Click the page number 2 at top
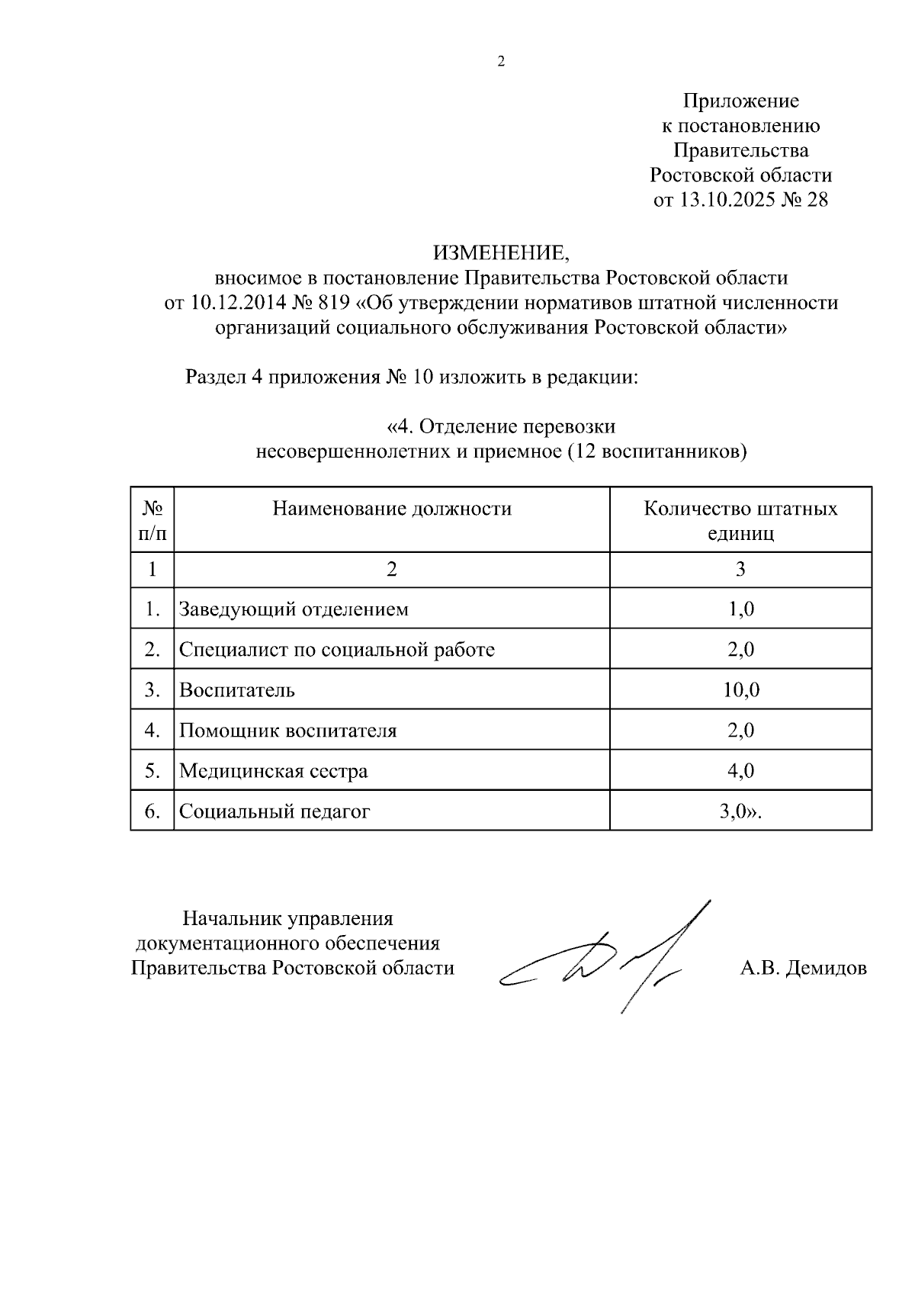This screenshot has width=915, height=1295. click(x=501, y=63)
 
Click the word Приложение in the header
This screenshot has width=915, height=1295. click(x=740, y=101)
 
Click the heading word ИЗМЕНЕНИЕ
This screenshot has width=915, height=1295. click(x=501, y=252)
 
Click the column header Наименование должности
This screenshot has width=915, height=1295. click(x=392, y=509)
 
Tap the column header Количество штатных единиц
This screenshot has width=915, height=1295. click(x=740, y=520)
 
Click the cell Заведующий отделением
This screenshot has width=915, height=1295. click(x=294, y=609)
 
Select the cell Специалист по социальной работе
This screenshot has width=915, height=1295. click(x=336, y=650)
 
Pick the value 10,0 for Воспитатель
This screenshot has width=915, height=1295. click(x=740, y=690)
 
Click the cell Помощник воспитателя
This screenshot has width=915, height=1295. click(x=287, y=731)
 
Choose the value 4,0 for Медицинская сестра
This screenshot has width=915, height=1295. click(x=740, y=771)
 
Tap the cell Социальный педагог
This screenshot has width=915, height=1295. click(x=274, y=811)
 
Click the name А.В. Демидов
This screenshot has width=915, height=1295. click(x=803, y=969)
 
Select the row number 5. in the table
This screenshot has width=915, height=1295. click(x=152, y=771)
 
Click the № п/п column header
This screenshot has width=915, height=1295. click(x=152, y=520)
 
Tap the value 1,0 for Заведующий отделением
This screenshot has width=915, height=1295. click(x=740, y=609)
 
